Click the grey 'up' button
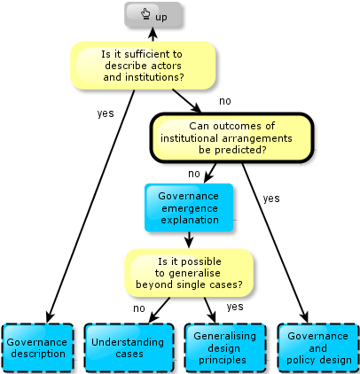point(153,15)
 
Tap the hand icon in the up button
point(145,14)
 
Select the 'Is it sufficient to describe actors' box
point(143,66)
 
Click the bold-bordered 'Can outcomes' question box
point(231,137)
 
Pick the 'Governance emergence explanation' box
point(189,207)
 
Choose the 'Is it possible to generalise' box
point(189,273)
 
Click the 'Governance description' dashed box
point(37,347)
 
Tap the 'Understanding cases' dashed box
point(129,347)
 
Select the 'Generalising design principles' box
point(225,347)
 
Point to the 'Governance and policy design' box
point(318,347)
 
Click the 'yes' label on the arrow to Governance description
point(106,113)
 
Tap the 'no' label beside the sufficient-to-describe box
point(225,101)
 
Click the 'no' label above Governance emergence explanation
point(194,174)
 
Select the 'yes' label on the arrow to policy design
point(271,199)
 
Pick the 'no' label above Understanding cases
point(139,308)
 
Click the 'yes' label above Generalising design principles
point(235,307)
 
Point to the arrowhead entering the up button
point(153,33)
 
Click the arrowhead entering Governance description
point(50,317)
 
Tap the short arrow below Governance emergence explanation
point(189,240)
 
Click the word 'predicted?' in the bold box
point(232,150)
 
